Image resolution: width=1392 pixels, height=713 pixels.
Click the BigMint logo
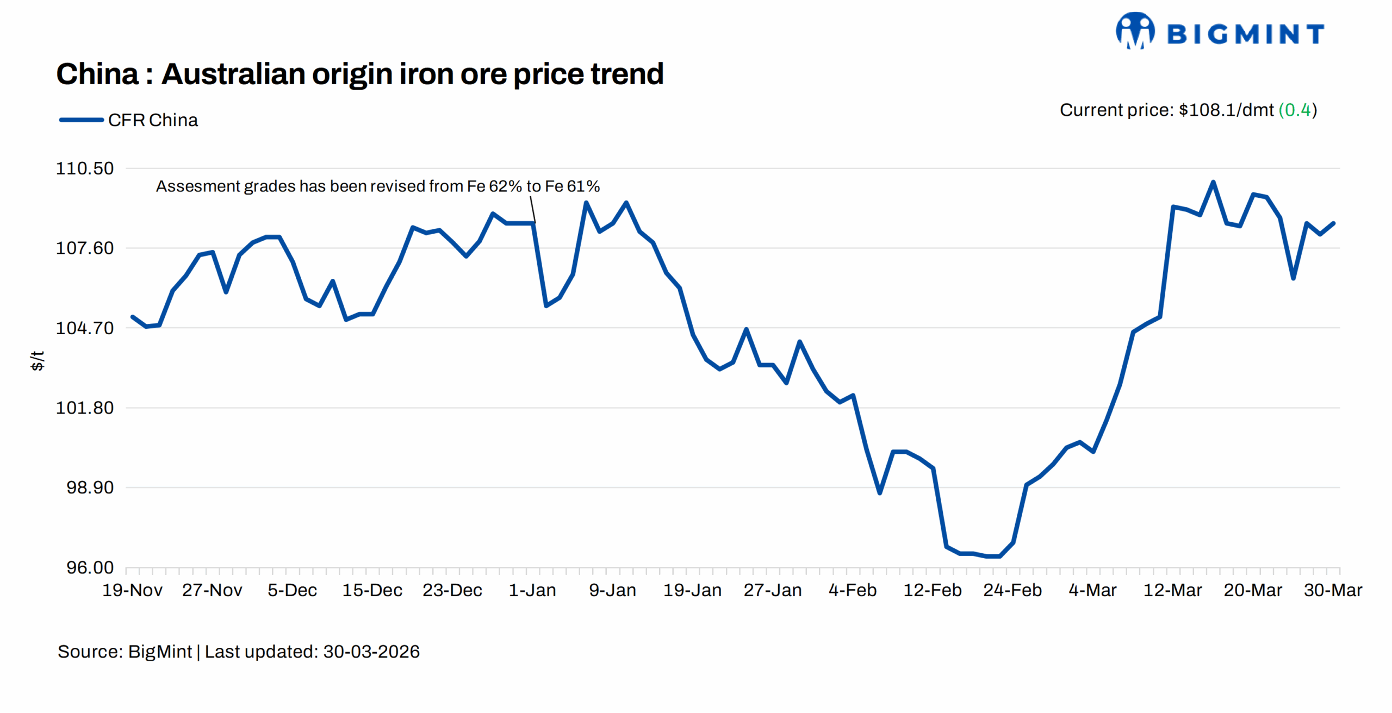[x=1219, y=32]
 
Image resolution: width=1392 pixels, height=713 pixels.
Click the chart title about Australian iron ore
[x=359, y=74]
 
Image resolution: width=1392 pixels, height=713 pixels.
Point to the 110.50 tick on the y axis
[x=85, y=168]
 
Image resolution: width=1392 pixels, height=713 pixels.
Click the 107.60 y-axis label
[x=85, y=248]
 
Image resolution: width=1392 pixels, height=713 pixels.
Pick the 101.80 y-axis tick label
[x=85, y=408]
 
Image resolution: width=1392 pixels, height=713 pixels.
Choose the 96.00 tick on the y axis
[x=90, y=567]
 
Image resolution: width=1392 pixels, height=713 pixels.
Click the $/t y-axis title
[x=37, y=361]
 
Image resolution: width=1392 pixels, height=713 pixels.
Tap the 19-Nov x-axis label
[x=132, y=590]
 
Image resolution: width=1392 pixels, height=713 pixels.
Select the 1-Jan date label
[x=532, y=590]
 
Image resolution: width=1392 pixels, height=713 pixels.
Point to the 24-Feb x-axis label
[x=1012, y=590]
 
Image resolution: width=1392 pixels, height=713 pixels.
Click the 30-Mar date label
[x=1333, y=590]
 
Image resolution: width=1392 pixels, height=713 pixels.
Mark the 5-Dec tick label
[x=292, y=590]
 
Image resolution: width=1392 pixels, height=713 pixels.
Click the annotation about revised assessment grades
[x=377, y=186]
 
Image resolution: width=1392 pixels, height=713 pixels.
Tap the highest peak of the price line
[x=1213, y=182]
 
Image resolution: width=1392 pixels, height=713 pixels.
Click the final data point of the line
[x=1333, y=223]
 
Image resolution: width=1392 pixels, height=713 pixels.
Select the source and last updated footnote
[x=238, y=652]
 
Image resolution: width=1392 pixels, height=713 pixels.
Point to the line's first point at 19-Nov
[x=133, y=316]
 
